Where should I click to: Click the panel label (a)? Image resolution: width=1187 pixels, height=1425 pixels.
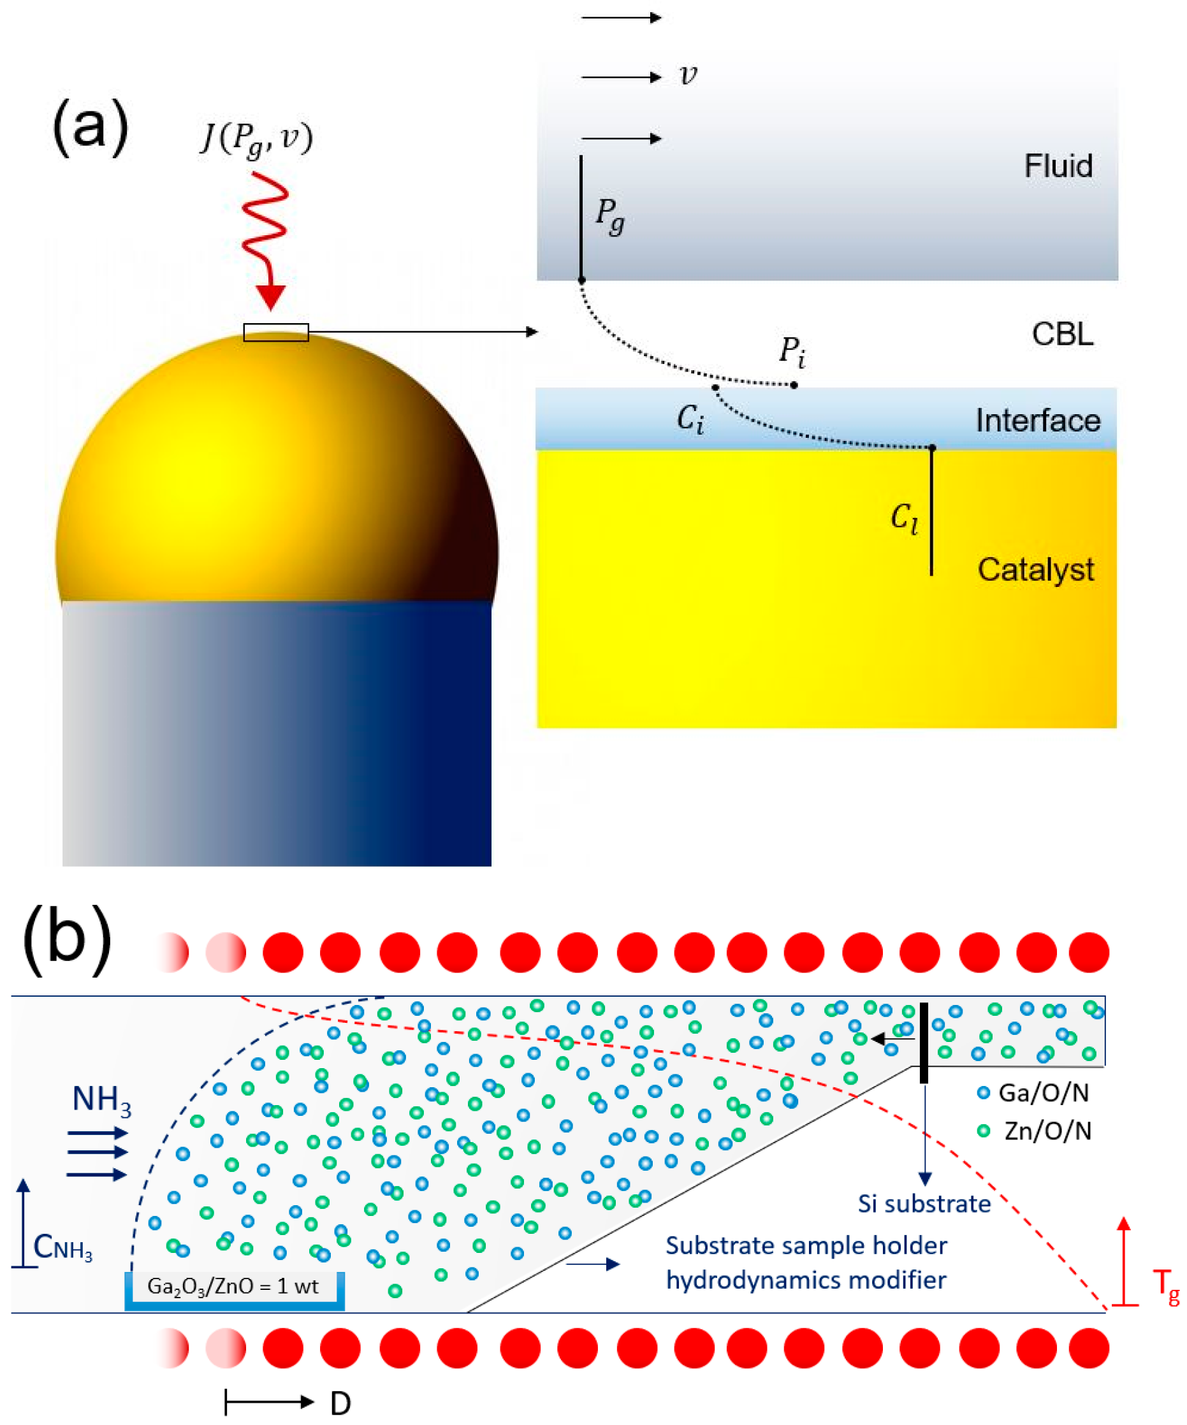[91, 127]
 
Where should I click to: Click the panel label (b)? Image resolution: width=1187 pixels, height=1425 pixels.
[67, 939]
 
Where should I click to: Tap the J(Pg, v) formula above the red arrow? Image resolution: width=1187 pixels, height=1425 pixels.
[257, 139]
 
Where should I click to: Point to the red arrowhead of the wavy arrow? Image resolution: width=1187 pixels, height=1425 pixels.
[271, 297]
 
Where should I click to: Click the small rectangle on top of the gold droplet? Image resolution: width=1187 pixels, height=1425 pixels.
[275, 332]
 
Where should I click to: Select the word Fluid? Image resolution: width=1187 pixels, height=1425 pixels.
[1058, 166]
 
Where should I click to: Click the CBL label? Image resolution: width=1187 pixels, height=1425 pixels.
[1062, 335]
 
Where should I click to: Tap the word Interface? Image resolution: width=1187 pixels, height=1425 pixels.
[1037, 421]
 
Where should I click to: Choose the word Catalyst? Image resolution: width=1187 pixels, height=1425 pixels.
[1035, 569]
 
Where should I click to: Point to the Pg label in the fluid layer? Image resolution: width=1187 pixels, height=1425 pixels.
[609, 215]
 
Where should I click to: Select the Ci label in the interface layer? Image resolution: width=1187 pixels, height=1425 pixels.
[690, 419]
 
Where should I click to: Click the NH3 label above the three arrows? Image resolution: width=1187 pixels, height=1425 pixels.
[101, 1100]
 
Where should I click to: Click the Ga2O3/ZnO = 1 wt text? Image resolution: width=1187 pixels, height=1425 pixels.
[233, 1287]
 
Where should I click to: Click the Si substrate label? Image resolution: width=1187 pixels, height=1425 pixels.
[924, 1204]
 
